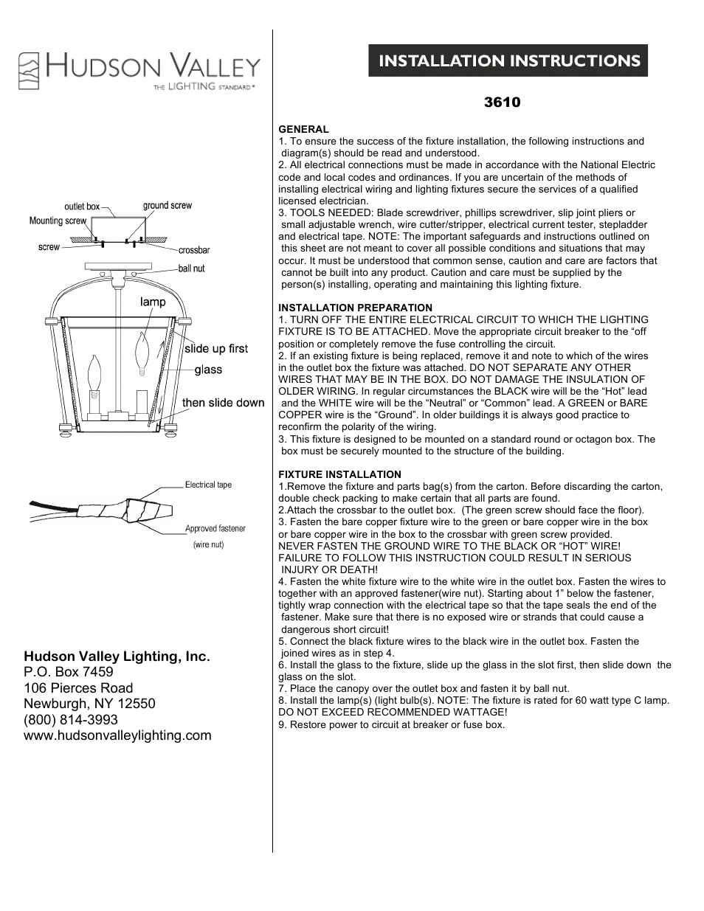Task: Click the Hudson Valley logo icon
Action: (x=29, y=71)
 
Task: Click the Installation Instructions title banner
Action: (x=508, y=60)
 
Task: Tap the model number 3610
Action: (x=502, y=103)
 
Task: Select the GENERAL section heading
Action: (x=303, y=129)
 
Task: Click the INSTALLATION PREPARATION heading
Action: (x=355, y=308)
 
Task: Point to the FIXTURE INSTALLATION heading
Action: (x=339, y=474)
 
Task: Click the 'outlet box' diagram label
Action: (x=82, y=207)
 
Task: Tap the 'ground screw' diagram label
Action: (x=168, y=206)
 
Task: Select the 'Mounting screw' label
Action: (x=58, y=221)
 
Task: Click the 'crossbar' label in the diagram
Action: (x=194, y=251)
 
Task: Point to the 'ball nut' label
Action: (x=192, y=269)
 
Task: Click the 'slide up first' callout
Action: (x=216, y=349)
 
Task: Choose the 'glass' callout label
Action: (x=208, y=370)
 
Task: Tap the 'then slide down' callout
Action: (x=223, y=403)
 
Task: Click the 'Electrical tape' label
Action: (x=208, y=485)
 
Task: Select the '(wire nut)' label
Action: (x=208, y=544)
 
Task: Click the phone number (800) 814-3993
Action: (x=71, y=719)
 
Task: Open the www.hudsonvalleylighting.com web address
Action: (x=117, y=735)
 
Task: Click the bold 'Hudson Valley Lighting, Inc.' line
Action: (x=117, y=656)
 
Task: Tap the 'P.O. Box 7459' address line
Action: (x=69, y=672)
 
